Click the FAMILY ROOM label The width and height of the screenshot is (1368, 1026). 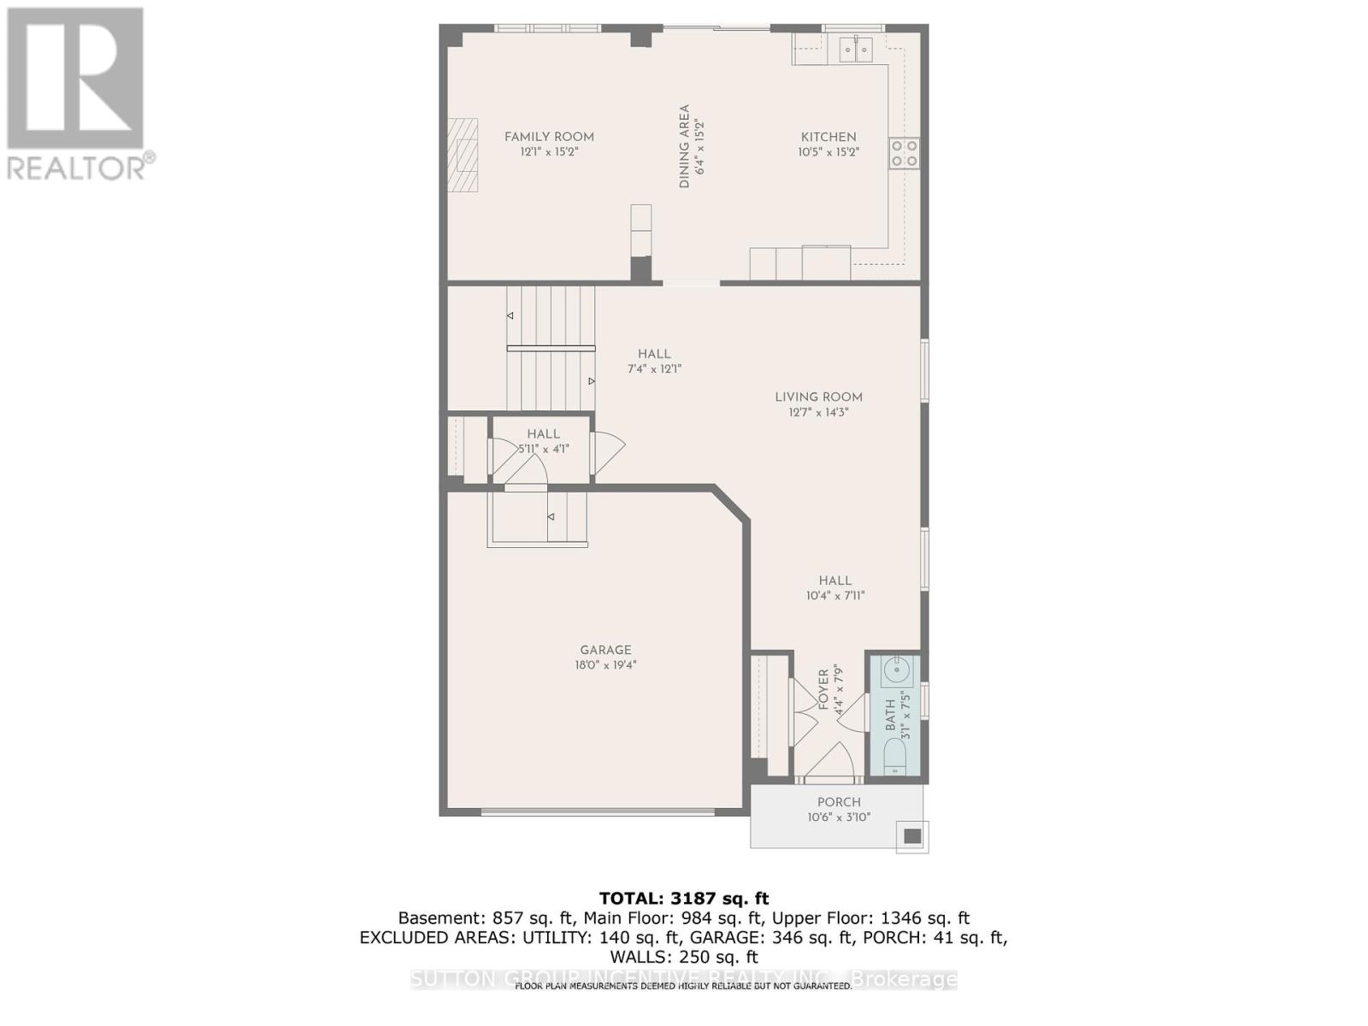549,137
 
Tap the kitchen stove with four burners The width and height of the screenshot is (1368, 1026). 904,153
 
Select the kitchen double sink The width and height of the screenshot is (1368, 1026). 855,49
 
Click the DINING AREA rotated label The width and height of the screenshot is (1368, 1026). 684,146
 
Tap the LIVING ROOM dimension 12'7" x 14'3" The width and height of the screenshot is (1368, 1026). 818,412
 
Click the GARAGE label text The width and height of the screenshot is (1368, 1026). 605,650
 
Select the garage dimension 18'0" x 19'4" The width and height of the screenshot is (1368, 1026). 605,665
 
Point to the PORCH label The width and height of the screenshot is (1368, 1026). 839,802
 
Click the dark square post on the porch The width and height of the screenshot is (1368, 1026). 912,836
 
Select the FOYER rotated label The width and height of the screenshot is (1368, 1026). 824,690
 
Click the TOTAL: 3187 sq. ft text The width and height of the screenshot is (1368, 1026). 683,899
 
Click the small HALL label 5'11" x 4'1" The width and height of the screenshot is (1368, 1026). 543,434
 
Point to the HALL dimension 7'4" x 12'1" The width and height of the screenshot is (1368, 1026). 654,369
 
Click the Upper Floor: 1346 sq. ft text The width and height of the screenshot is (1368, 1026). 870,918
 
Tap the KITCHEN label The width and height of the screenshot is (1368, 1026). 828,137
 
